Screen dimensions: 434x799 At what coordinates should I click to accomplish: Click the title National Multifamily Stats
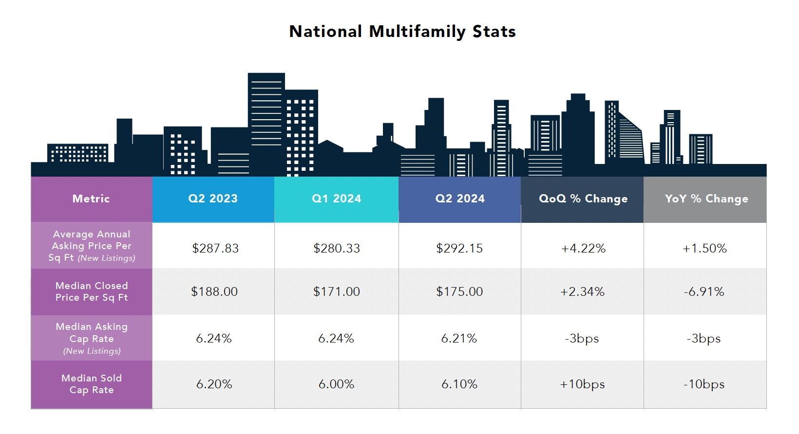tap(402, 32)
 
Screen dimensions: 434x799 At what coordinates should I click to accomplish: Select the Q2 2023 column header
tap(213, 199)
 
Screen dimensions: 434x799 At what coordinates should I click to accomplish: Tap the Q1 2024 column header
tap(336, 199)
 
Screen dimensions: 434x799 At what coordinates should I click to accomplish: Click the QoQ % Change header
tap(583, 199)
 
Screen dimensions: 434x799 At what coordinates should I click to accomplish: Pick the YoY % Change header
tap(706, 199)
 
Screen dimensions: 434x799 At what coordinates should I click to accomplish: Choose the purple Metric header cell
tap(91, 199)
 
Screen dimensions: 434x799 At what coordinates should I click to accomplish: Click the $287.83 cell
tap(215, 248)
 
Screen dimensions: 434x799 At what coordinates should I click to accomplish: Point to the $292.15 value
tap(459, 248)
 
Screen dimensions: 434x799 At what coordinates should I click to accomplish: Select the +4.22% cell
tap(583, 248)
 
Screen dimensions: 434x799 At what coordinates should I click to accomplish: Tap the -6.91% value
tap(704, 291)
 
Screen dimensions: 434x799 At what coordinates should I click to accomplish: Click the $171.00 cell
tap(336, 291)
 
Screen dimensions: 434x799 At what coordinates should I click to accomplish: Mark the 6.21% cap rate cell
tap(458, 338)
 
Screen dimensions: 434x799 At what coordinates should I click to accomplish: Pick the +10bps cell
tap(582, 384)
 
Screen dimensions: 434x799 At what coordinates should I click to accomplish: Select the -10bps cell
tap(704, 384)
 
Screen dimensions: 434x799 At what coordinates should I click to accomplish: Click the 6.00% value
tap(336, 384)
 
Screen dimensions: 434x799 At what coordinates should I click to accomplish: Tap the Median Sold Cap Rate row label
tap(91, 384)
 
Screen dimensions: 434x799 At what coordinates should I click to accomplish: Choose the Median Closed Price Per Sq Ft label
tap(91, 291)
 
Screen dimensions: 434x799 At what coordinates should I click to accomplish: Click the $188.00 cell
tap(214, 291)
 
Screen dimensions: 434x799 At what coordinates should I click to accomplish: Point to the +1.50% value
tap(704, 248)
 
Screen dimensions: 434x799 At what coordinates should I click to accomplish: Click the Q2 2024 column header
tap(459, 199)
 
